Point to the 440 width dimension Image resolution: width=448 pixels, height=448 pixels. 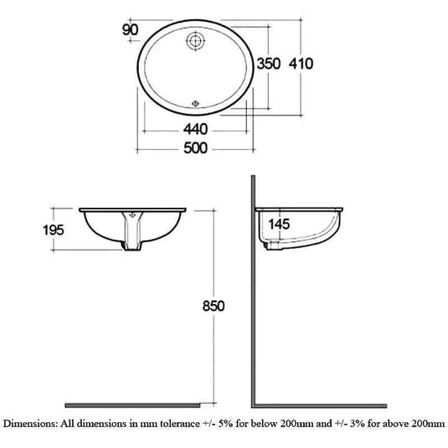[196, 130]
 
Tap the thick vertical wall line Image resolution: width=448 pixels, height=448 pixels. [254, 293]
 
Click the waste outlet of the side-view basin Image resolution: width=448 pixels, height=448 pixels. [272, 245]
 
